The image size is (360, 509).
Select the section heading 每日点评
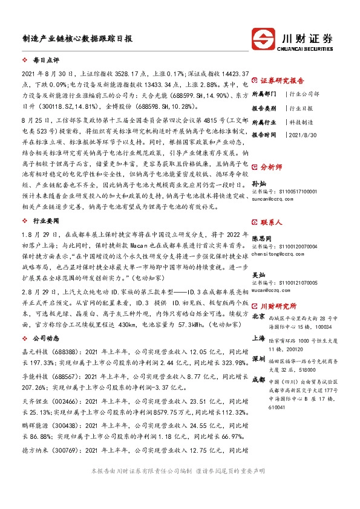46,61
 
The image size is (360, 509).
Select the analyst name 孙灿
259,182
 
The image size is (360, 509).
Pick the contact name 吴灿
259,275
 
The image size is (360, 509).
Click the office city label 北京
259,316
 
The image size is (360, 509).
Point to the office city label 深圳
259,359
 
